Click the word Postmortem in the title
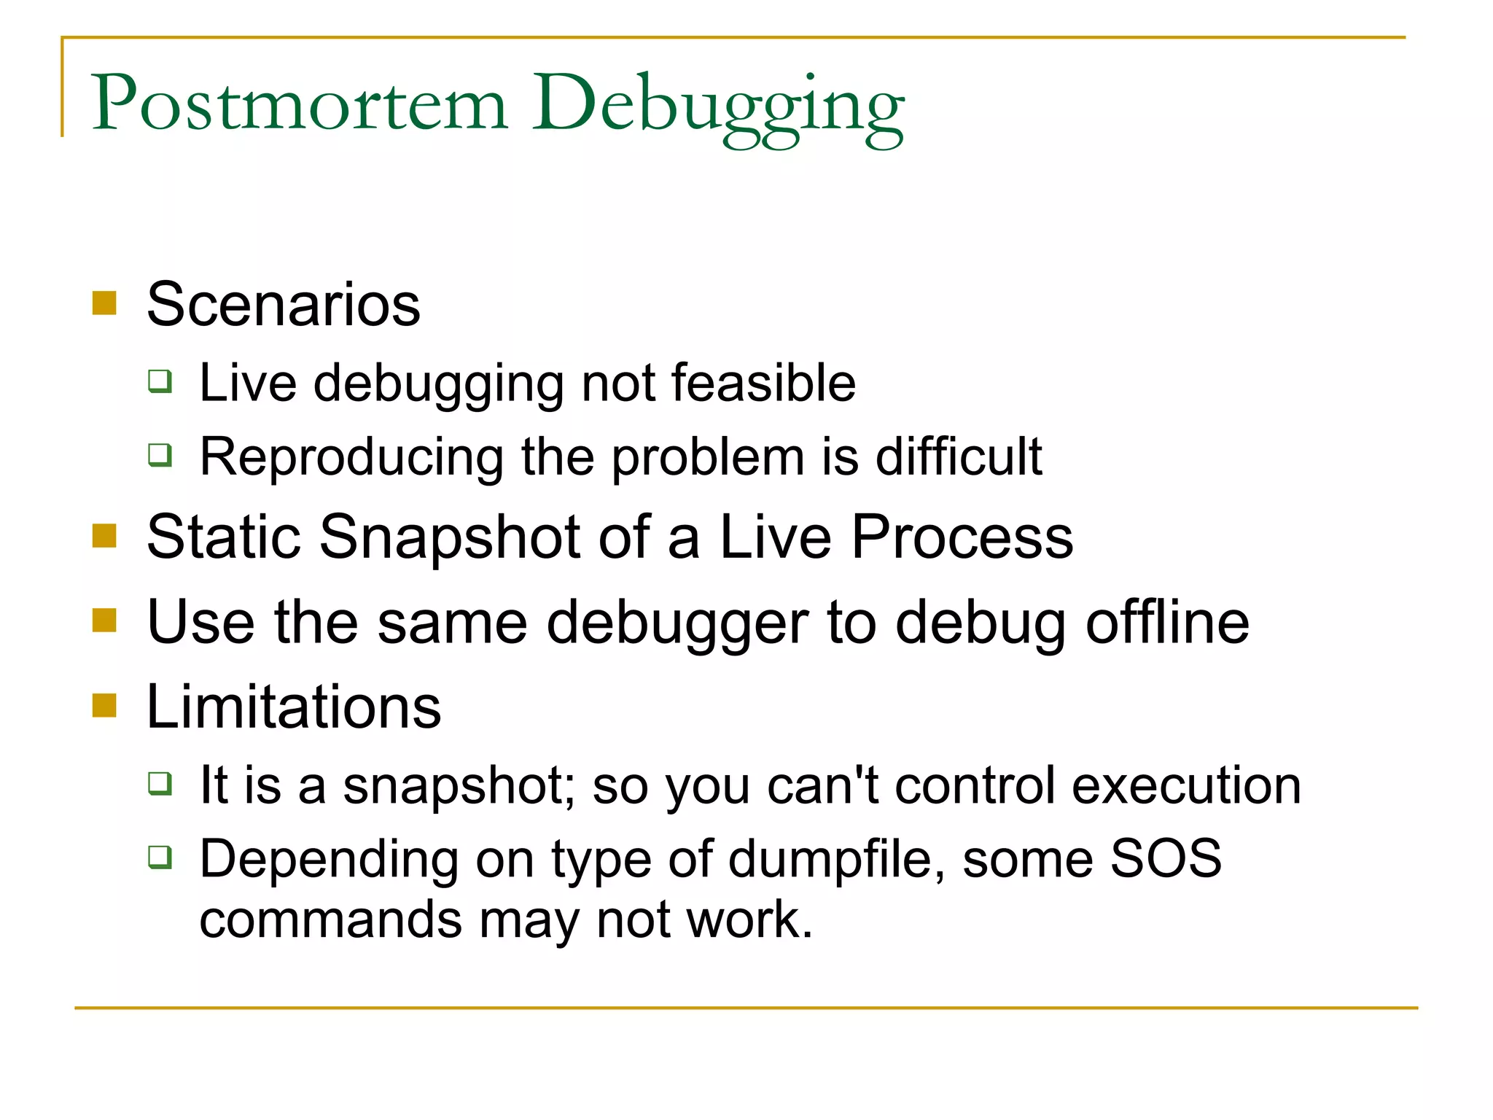click(299, 104)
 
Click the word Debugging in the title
click(718, 106)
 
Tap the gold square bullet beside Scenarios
click(105, 303)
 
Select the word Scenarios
click(284, 305)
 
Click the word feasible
click(763, 383)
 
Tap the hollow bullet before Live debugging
click(160, 381)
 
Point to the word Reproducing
click(351, 458)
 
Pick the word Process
click(962, 537)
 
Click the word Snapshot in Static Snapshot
click(450, 537)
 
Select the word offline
click(1167, 623)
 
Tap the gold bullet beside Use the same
click(105, 621)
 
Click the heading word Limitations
click(294, 707)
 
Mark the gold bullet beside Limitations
click(105, 705)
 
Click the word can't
click(823, 786)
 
